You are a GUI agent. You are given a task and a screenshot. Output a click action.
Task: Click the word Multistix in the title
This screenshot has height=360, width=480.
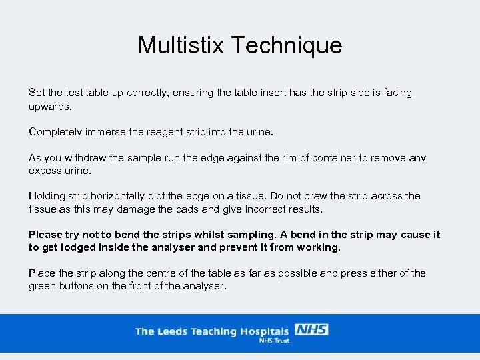[181, 45]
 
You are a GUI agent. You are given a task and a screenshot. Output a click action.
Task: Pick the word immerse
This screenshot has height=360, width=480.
[109, 132]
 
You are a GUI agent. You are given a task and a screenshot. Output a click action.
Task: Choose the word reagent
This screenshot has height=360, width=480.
[165, 132]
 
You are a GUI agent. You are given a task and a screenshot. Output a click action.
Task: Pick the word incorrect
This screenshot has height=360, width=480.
[251, 209]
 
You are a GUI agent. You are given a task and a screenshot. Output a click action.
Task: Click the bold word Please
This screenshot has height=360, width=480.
[45, 235]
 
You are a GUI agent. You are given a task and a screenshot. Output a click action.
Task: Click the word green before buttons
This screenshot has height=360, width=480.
[43, 287]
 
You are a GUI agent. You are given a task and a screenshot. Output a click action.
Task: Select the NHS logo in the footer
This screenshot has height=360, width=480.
[311, 330]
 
